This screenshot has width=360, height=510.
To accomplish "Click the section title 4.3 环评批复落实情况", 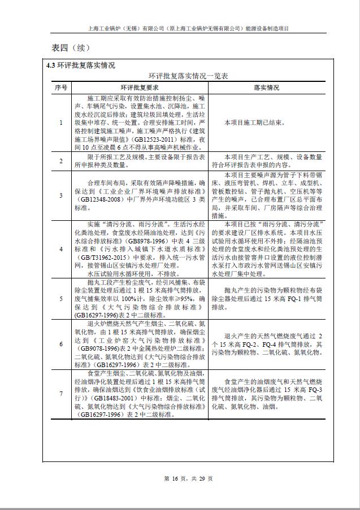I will click(x=81, y=66).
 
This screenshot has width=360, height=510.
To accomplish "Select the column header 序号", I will click(x=61, y=88).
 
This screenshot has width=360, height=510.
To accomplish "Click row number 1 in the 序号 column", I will click(x=61, y=122).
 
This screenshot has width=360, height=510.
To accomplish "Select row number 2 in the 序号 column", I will click(x=61, y=161).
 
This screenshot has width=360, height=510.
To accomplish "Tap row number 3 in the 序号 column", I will click(x=61, y=195).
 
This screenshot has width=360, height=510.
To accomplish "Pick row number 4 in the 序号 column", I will click(x=61, y=248).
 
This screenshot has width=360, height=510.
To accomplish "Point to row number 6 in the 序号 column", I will click(x=61, y=344).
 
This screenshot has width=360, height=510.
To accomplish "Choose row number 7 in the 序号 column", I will click(x=61, y=394).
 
